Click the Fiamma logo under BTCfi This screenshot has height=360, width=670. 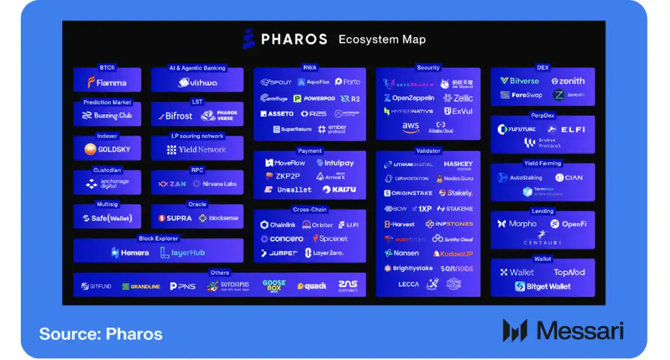point(107,83)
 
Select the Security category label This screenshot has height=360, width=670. point(428,68)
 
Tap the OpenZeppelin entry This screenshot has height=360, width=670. point(409,98)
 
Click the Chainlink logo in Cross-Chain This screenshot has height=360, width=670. point(278,225)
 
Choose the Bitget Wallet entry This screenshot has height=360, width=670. point(543,287)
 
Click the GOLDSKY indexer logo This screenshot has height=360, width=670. point(107,149)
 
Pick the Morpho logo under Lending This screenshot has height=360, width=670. point(517,224)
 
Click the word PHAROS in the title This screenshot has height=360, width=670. point(294,40)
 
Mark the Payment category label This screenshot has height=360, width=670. point(309,151)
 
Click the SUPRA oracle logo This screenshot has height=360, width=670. point(175,218)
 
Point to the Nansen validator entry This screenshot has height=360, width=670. point(401,254)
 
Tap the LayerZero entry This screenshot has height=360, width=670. point(324,253)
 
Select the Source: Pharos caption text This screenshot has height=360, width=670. point(101,334)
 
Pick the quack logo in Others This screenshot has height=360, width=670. point(312,286)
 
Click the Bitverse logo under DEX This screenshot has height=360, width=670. point(519,81)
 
